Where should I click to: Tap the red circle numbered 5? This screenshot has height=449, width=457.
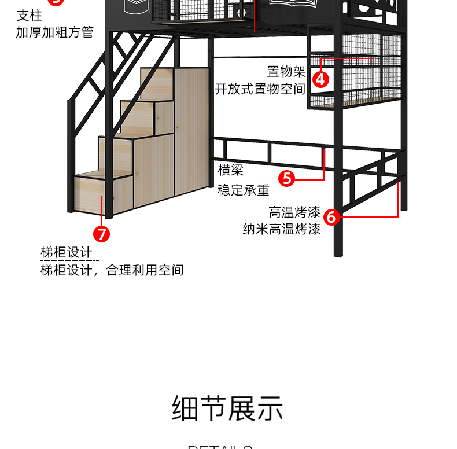point(287,178)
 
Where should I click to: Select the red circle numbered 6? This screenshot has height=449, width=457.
point(331,217)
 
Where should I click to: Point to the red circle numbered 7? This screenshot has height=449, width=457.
point(101,234)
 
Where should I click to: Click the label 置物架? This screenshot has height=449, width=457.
point(286,72)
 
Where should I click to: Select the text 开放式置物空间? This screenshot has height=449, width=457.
point(260,89)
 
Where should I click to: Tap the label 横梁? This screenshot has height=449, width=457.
point(230,170)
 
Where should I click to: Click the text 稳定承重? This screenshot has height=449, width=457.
point(243,190)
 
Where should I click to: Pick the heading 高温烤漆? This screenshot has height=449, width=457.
point(294,212)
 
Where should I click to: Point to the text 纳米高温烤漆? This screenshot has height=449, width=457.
point(282,229)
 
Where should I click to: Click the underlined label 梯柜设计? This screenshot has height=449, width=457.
point(66,253)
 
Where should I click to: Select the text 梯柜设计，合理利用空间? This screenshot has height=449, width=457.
point(112,270)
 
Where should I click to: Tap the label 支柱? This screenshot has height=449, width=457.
point(30,16)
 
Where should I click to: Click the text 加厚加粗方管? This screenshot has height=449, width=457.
point(54,32)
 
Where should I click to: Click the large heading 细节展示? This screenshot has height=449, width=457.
point(228,408)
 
